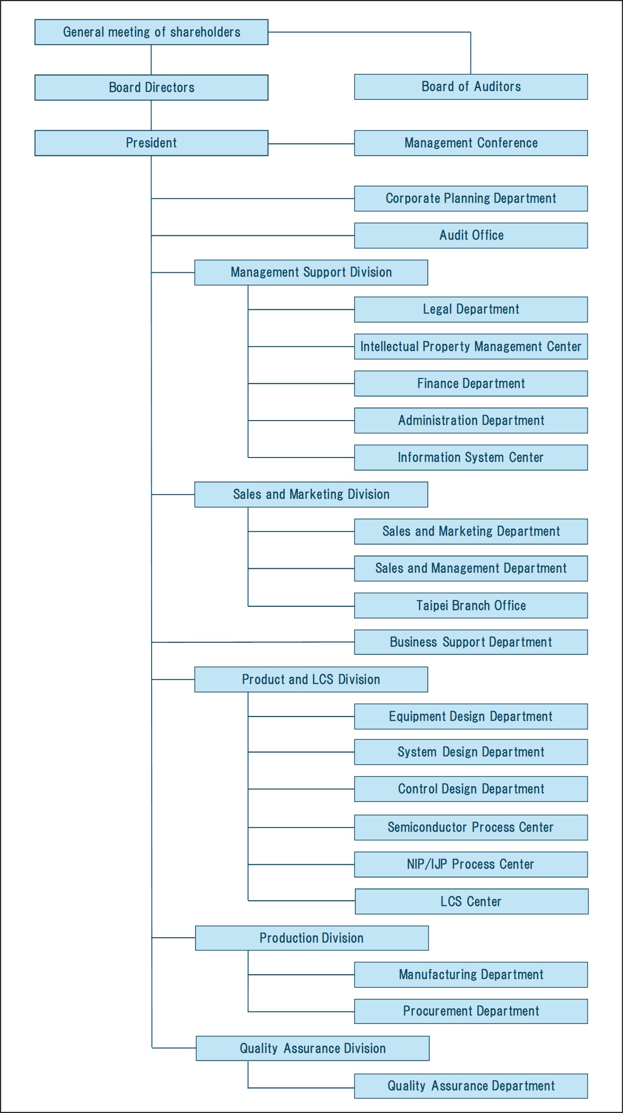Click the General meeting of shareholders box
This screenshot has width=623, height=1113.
(152, 32)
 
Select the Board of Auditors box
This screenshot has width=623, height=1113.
(471, 87)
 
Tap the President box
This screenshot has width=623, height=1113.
(152, 143)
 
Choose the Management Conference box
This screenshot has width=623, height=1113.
(471, 143)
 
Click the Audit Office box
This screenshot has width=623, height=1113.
(471, 235)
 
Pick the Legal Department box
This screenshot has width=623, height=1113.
(471, 309)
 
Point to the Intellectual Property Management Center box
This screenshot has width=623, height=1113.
(471, 347)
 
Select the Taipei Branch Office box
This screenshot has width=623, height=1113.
(471, 605)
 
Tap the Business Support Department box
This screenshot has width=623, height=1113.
(471, 642)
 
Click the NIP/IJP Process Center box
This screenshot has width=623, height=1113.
(471, 864)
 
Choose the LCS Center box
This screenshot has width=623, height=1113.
(472, 901)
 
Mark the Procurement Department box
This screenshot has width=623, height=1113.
(471, 1012)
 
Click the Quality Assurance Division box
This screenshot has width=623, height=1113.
(313, 1048)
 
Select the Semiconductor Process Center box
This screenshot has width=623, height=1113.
(471, 827)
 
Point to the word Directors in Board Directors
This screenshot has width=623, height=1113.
(170, 88)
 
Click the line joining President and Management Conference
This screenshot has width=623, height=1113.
(311, 144)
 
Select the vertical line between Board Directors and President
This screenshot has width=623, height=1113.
(151, 115)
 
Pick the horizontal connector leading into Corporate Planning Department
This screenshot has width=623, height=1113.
(253, 198)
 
